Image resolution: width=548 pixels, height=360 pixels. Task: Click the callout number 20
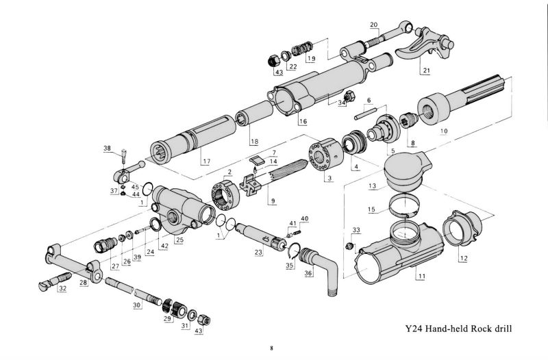374,25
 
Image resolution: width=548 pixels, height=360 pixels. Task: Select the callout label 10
444,130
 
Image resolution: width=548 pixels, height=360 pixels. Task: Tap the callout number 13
372,185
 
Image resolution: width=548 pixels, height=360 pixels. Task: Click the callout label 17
205,162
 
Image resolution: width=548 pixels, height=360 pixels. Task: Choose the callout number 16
302,121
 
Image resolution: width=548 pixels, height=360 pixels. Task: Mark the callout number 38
107,148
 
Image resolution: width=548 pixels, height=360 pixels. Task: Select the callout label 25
179,240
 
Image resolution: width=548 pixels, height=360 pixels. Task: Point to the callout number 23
258,253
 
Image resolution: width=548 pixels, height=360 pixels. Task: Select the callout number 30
136,305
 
